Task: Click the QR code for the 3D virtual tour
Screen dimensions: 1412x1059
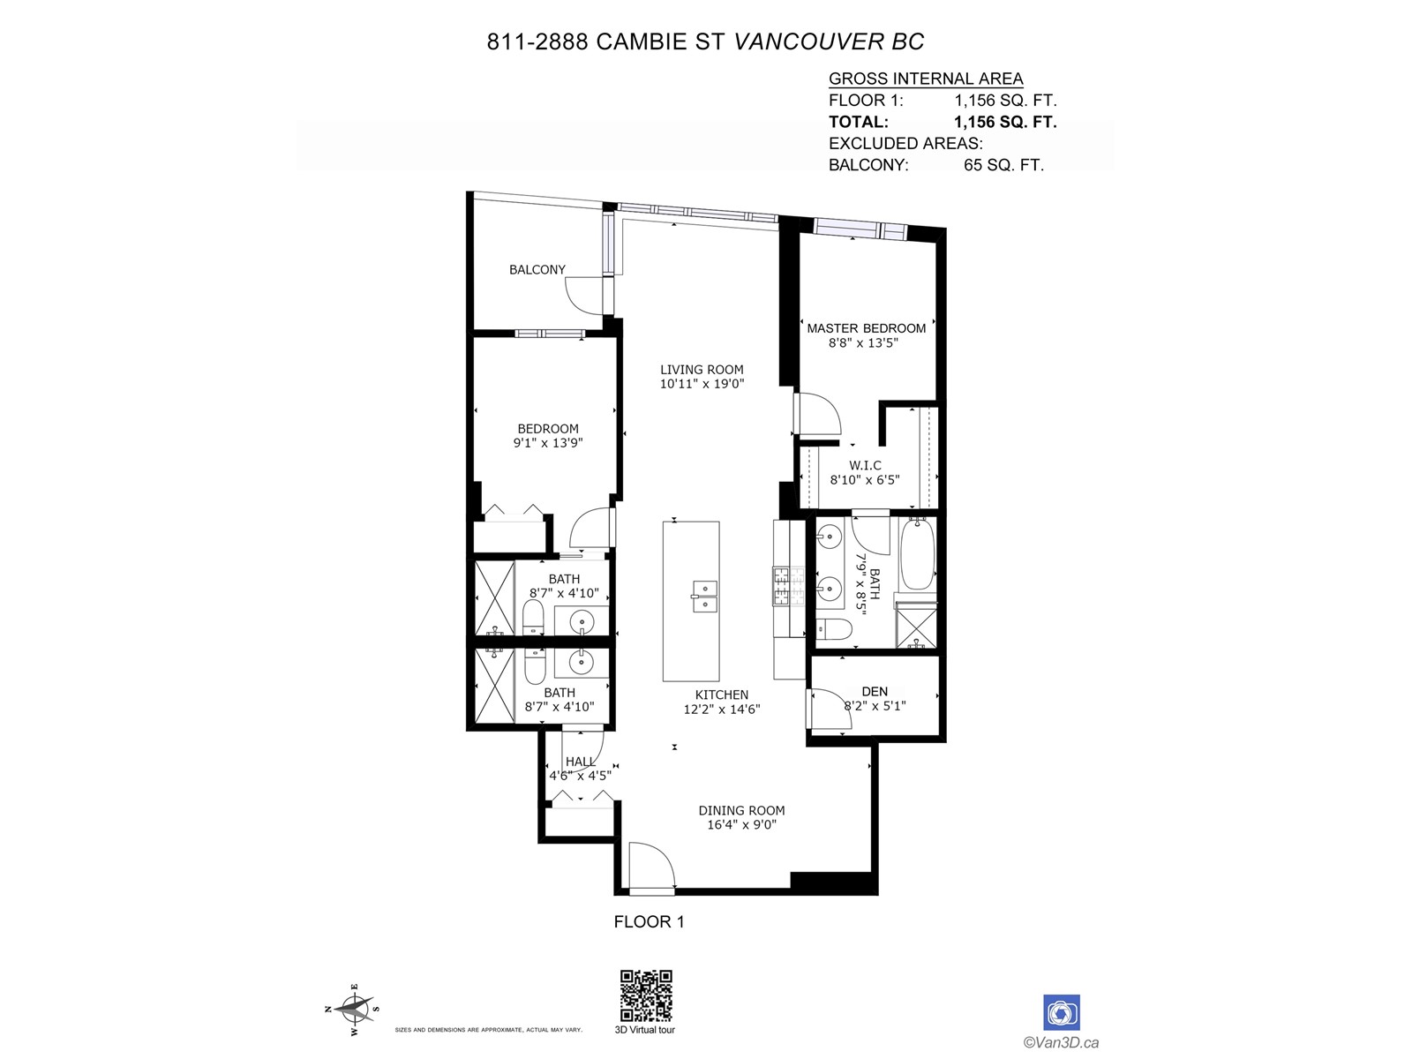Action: [x=645, y=995]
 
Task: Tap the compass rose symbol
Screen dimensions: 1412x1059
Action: [x=352, y=1009]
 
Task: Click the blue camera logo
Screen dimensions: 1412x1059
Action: [x=1061, y=1013]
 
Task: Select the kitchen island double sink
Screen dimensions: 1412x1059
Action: [x=704, y=596]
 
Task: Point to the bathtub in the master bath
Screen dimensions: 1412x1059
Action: [x=917, y=553]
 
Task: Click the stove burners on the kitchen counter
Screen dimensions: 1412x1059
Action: [x=789, y=586]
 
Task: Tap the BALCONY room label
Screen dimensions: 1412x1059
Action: [x=537, y=269]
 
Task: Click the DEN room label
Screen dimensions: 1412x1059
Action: [x=875, y=691]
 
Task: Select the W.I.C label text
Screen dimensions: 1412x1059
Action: [x=865, y=465]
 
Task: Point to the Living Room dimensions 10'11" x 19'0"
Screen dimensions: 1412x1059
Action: [x=702, y=384]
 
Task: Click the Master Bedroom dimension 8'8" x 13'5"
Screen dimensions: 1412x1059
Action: [x=863, y=342]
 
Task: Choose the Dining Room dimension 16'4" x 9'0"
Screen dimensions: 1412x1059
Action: [x=741, y=824]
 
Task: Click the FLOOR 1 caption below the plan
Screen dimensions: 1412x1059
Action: [x=649, y=921]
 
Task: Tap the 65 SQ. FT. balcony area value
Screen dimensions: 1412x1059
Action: [x=1003, y=165]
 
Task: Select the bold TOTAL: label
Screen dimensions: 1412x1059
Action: [x=858, y=122]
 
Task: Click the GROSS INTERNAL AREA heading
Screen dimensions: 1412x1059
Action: [x=926, y=79]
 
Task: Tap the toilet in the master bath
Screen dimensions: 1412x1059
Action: [x=834, y=628]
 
